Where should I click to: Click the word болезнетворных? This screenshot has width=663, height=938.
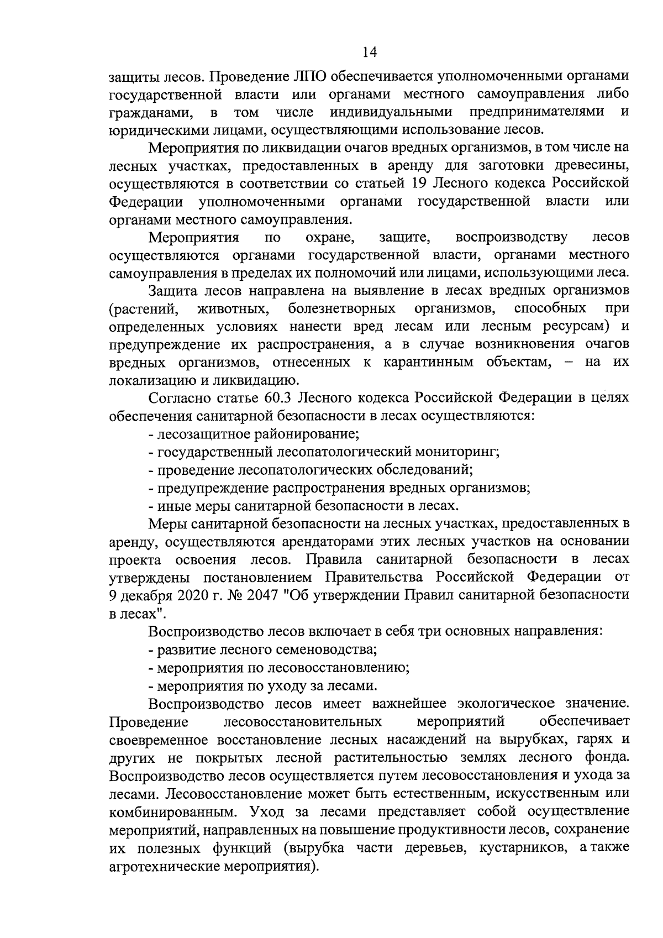[341, 307]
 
